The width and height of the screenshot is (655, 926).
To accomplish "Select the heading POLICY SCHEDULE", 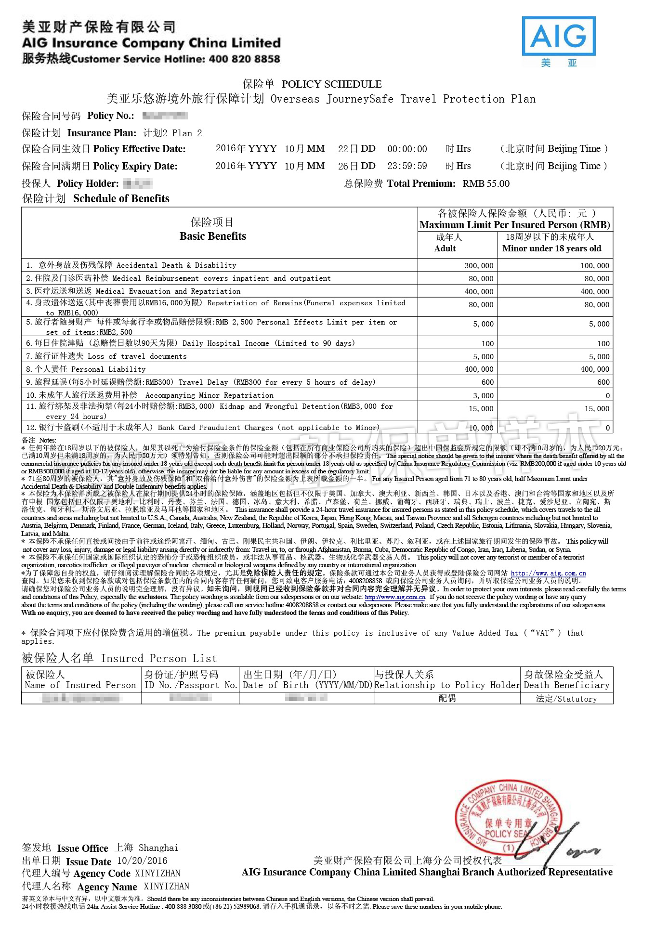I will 331,84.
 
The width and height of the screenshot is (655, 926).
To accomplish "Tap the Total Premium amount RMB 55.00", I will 485,183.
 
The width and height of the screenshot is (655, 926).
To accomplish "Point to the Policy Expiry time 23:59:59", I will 407,166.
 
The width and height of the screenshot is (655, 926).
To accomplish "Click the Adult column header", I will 445,248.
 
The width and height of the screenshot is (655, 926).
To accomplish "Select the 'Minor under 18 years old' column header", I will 551,248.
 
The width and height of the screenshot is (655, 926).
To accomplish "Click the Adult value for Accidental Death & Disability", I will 479,265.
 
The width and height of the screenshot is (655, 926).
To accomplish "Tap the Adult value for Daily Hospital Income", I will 487,343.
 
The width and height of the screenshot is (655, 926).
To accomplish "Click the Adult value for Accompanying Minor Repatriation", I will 483,395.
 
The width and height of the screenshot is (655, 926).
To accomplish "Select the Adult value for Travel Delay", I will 487,382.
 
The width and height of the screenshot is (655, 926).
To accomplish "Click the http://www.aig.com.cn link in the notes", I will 548,573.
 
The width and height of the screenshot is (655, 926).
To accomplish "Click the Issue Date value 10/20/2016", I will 142,861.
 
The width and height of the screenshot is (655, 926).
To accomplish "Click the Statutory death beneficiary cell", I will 566,698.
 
